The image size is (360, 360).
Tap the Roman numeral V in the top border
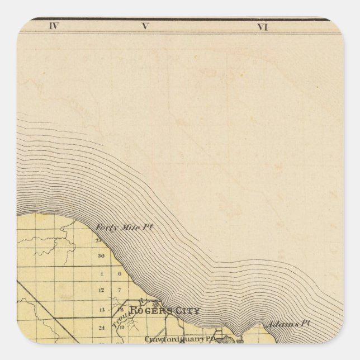click(145, 26)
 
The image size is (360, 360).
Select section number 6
click(120, 274)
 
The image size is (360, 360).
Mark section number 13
click(102, 310)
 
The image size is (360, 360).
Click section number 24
click(102, 328)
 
